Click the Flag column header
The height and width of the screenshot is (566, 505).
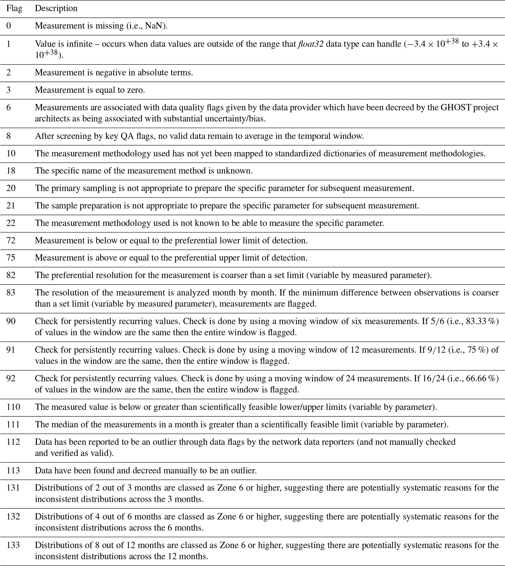click(14, 9)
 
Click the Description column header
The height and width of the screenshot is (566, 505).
click(56, 9)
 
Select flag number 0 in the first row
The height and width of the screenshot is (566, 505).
click(9, 26)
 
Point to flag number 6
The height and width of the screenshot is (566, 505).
click(9, 108)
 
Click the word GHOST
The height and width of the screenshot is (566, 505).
click(456, 108)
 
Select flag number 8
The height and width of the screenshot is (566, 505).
click(9, 136)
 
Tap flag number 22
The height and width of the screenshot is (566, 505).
click(11, 223)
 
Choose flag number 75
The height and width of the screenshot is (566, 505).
click(11, 258)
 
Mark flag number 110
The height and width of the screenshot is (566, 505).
click(13, 407)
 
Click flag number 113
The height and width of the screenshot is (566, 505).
click(13, 471)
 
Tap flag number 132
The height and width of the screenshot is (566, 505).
click(13, 517)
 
